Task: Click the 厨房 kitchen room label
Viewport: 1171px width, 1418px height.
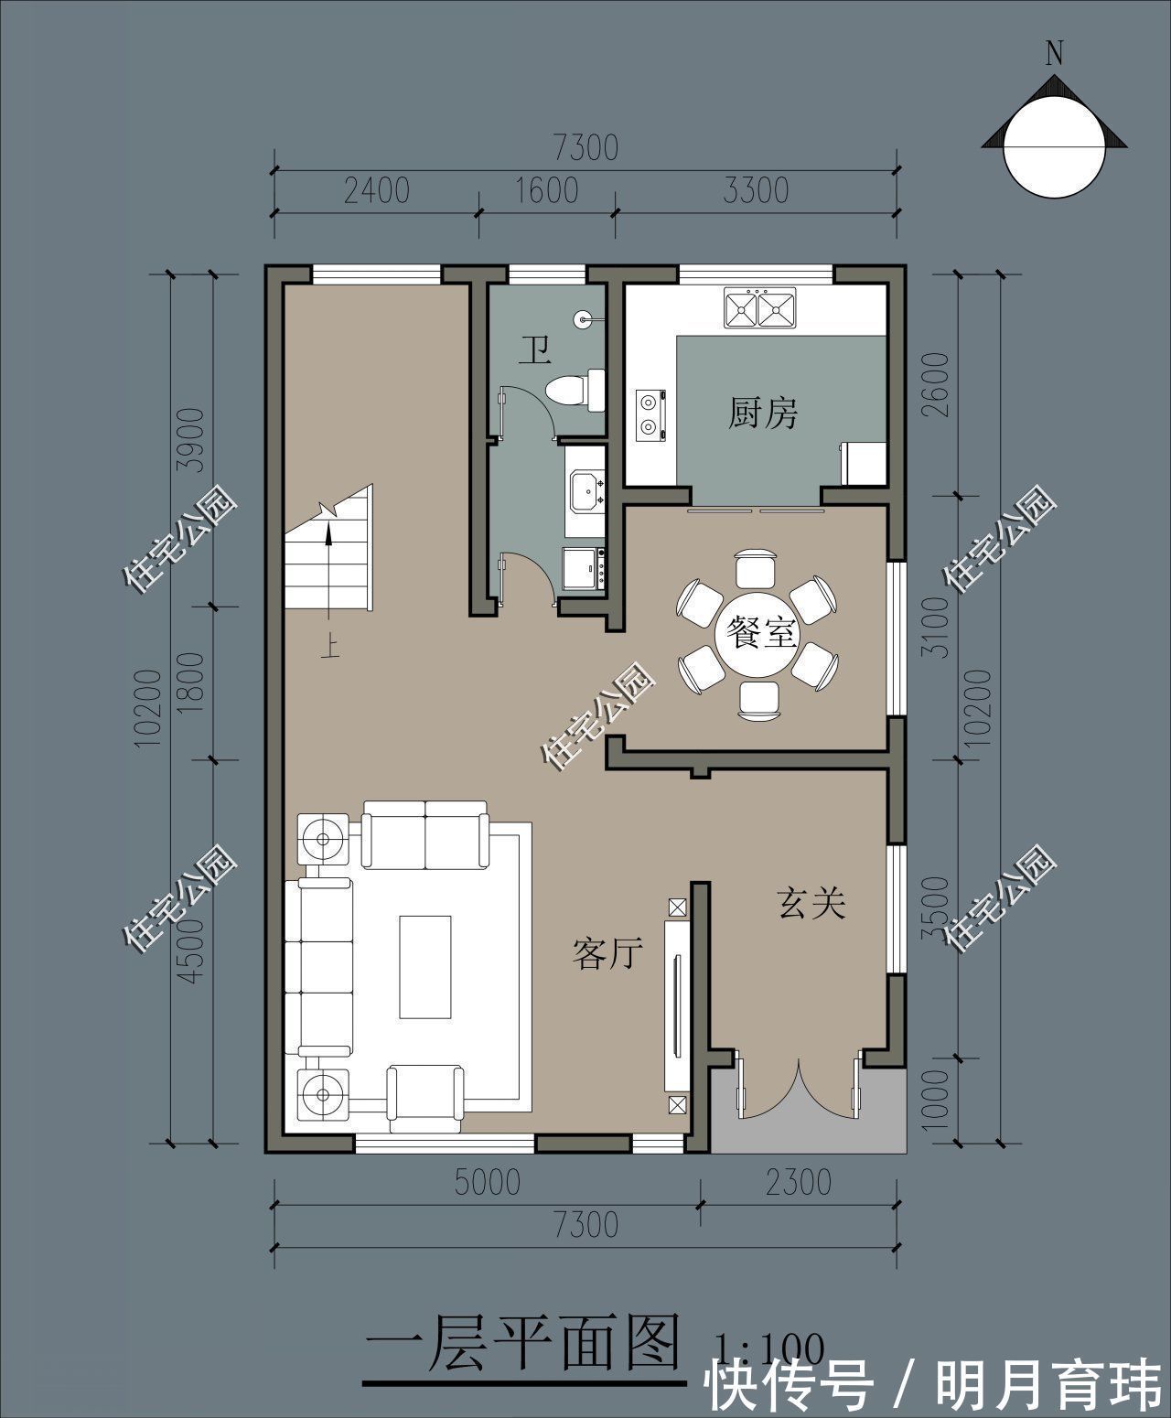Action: pyautogui.click(x=763, y=413)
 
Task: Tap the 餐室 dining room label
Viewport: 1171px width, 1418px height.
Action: pyautogui.click(x=760, y=632)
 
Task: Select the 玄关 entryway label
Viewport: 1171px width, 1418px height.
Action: pyautogui.click(x=811, y=903)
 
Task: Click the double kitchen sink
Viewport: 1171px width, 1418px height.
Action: pyautogui.click(x=759, y=308)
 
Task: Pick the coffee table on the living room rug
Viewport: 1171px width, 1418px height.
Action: pyautogui.click(x=425, y=967)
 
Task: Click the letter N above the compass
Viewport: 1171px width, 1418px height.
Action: pyautogui.click(x=1054, y=53)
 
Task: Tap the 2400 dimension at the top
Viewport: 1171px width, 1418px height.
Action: pyautogui.click(x=376, y=190)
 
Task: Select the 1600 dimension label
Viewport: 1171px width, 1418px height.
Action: pyautogui.click(x=546, y=190)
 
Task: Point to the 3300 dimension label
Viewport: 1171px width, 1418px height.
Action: pyautogui.click(x=756, y=190)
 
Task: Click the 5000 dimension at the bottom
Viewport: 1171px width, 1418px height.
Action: pyautogui.click(x=488, y=1182)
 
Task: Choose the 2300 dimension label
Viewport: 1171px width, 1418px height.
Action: pyautogui.click(x=798, y=1182)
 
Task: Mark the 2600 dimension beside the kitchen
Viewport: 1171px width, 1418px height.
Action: pyautogui.click(x=936, y=384)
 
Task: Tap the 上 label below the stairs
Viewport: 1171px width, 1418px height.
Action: pyautogui.click(x=330, y=646)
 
